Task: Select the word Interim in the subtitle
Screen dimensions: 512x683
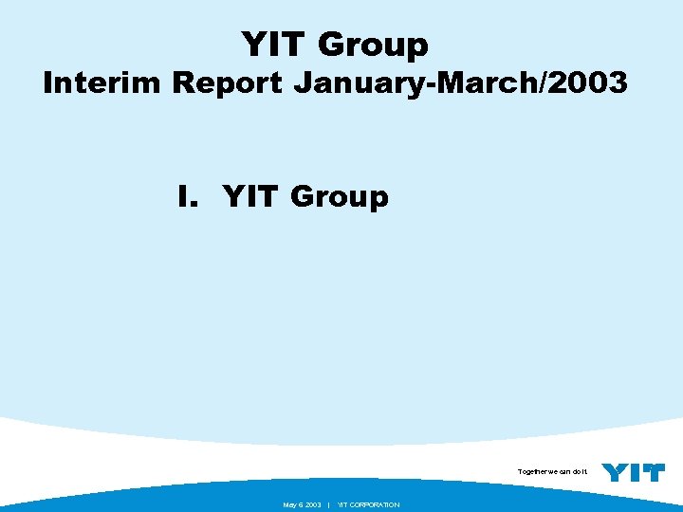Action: [102, 83]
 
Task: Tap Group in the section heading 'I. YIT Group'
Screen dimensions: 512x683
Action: [340, 198]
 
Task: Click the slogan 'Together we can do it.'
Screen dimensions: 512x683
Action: [553, 471]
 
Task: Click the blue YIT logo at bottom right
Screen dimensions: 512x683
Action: [634, 471]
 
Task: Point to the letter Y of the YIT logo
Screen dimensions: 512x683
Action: [616, 471]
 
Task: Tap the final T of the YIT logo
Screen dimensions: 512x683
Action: [654, 471]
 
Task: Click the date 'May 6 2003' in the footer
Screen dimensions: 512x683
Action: [302, 504]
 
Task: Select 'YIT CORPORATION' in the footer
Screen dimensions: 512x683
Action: [369, 504]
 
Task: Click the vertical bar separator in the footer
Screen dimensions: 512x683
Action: [327, 504]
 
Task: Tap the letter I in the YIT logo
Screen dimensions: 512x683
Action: [635, 471]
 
